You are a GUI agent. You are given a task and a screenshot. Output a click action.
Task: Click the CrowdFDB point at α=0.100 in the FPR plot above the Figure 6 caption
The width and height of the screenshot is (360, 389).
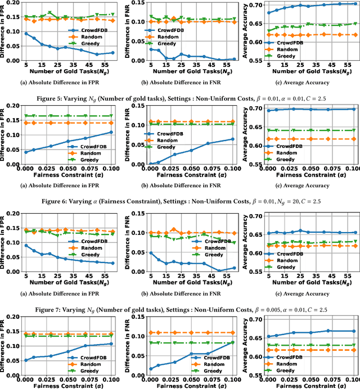[x=111, y=133]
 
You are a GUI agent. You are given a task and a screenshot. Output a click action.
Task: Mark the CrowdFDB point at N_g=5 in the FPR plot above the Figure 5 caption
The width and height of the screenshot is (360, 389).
[x=26, y=34]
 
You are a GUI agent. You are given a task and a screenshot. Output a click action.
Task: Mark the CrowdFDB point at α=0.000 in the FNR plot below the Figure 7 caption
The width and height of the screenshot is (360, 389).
[x=151, y=369]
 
